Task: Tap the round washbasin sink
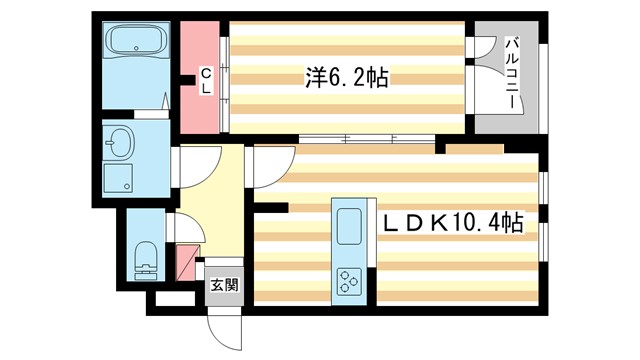119,144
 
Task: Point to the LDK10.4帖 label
453,220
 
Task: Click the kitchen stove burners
351,281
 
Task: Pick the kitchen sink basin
351,227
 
